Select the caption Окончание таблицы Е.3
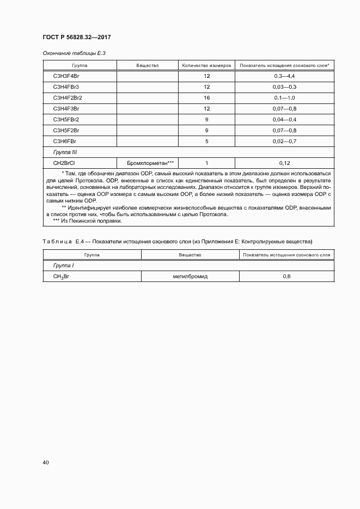[x=70, y=53]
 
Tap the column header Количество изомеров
[x=206, y=65]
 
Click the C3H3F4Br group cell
[x=66, y=76]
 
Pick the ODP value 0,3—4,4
[x=284, y=76]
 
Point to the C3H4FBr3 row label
[x=66, y=87]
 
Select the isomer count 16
[x=207, y=97]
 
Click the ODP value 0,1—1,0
[x=284, y=97]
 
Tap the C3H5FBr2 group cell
[x=66, y=119]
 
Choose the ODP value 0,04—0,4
[x=284, y=119]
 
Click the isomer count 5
[x=207, y=141]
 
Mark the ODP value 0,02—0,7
[x=284, y=141]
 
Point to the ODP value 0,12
[x=284, y=163]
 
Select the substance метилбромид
[x=191, y=277]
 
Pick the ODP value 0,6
[x=286, y=277]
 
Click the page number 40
[x=46, y=463]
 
